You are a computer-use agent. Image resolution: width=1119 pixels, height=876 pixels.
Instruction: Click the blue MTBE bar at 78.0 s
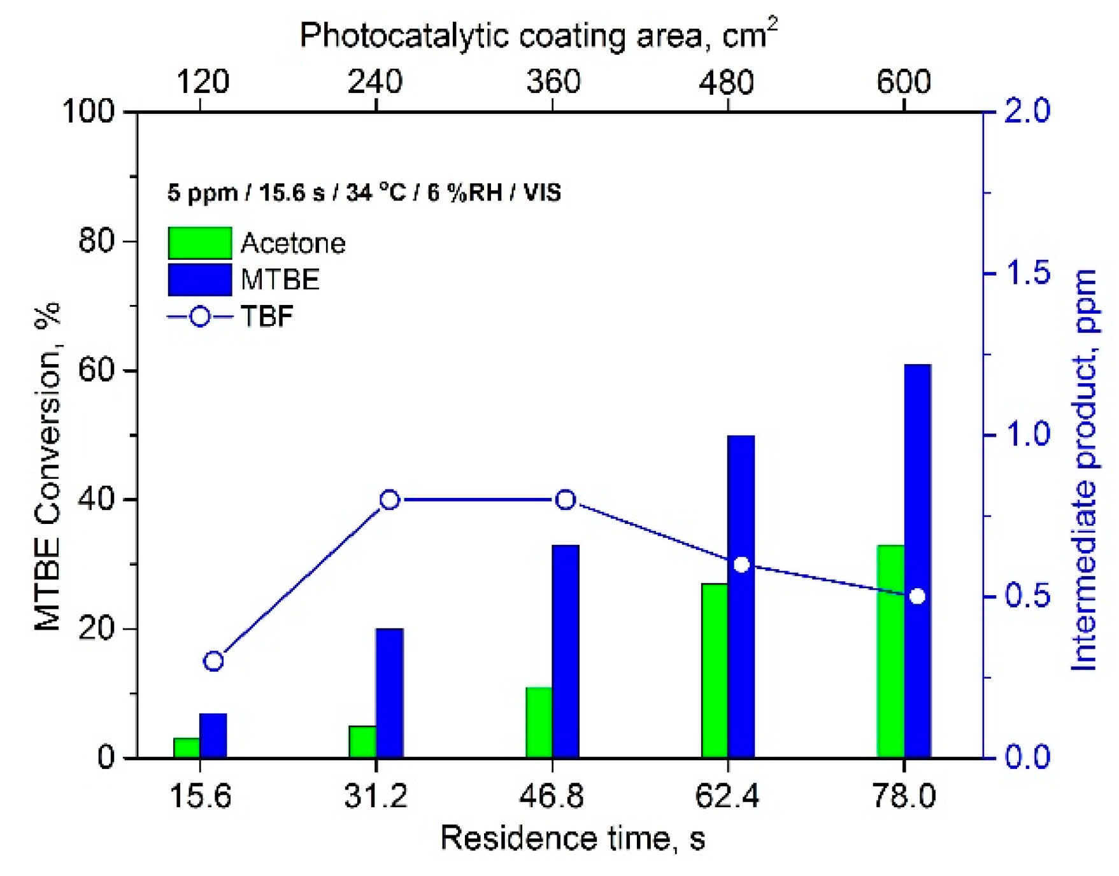[x=917, y=561]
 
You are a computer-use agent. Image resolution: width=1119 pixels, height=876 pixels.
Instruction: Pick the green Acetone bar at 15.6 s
[x=187, y=747]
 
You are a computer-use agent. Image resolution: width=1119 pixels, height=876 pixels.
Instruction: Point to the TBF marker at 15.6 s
[x=213, y=661]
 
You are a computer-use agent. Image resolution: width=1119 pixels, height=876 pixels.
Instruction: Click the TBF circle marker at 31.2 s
[x=390, y=500]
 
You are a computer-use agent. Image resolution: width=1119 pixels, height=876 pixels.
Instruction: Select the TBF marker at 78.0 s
[x=917, y=596]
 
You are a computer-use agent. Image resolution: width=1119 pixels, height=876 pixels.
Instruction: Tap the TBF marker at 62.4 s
[x=741, y=565]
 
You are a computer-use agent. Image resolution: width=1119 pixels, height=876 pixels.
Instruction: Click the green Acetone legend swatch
[x=199, y=243]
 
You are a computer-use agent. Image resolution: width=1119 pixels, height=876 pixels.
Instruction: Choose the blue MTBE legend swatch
[x=199, y=280]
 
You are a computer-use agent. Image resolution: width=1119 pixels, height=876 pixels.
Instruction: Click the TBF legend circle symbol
[x=200, y=316]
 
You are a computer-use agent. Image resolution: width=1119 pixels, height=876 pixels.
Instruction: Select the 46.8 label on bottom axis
[x=552, y=796]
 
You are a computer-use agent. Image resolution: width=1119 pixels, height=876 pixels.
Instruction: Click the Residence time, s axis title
[x=573, y=838]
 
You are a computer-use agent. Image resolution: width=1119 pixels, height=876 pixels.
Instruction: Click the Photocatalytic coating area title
[x=538, y=36]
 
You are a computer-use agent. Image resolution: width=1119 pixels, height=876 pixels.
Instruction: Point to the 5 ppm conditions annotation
[x=364, y=192]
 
